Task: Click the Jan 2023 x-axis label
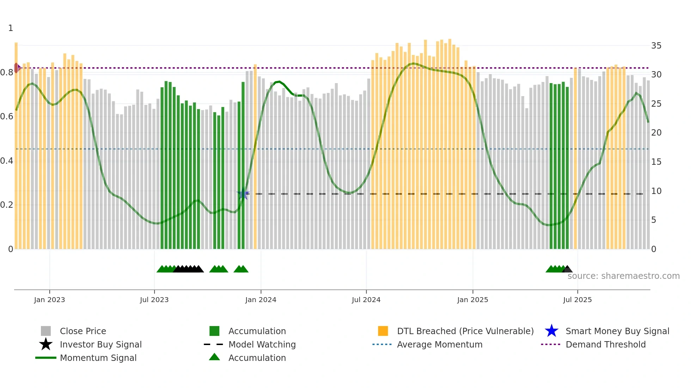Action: pyautogui.click(x=49, y=300)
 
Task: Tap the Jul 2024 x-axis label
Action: pyautogui.click(x=366, y=300)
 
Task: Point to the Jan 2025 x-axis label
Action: pyautogui.click(x=472, y=300)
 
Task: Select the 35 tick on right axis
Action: pyautogui.click(x=656, y=46)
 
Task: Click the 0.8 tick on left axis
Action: pyautogui.click(x=7, y=73)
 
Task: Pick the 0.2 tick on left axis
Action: pyautogui.click(x=7, y=205)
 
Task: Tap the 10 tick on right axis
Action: pyautogui.click(x=656, y=191)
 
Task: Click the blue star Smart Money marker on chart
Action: pyautogui.click(x=243, y=194)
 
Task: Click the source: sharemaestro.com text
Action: pyautogui.click(x=623, y=276)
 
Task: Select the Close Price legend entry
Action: pyautogui.click(x=83, y=331)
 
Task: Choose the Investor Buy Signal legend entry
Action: pyautogui.click(x=100, y=344)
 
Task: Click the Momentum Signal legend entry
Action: pyautogui.click(x=98, y=358)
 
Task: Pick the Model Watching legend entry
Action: pyautogui.click(x=262, y=344)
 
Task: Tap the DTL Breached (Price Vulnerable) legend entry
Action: pyautogui.click(x=465, y=331)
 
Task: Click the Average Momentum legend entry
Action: pyautogui.click(x=440, y=344)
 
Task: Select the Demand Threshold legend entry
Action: pyautogui.click(x=605, y=344)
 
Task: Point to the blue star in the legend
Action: pyautogui.click(x=551, y=331)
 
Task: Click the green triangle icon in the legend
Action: pyautogui.click(x=214, y=357)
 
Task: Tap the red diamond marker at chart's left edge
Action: pyautogui.click(x=17, y=68)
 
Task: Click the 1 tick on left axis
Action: pyautogui.click(x=11, y=28)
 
